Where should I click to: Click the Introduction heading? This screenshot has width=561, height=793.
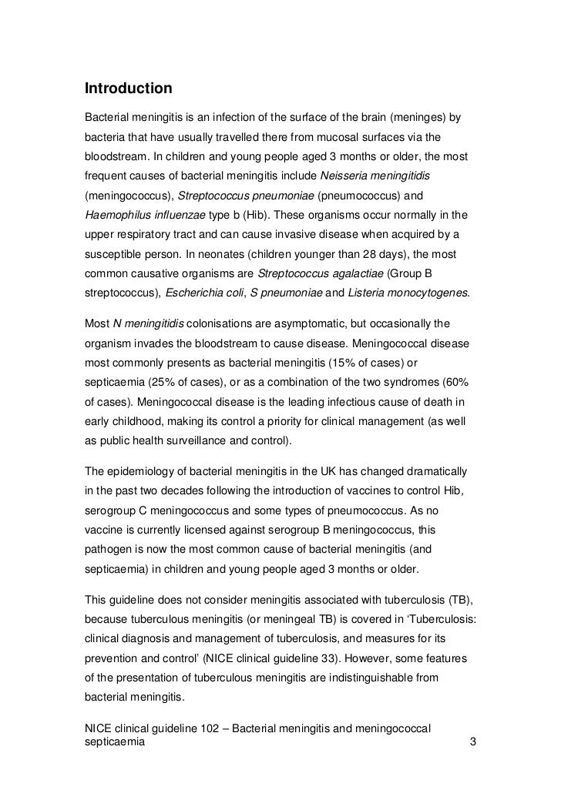128,89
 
